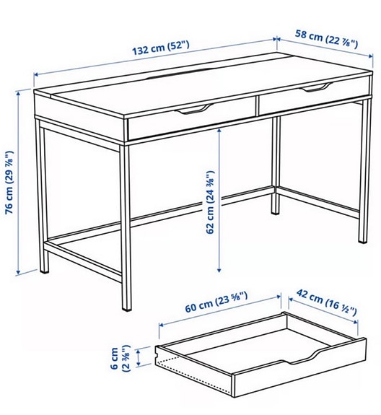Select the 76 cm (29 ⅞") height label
tap(9, 182)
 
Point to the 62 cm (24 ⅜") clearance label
tap(210, 202)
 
